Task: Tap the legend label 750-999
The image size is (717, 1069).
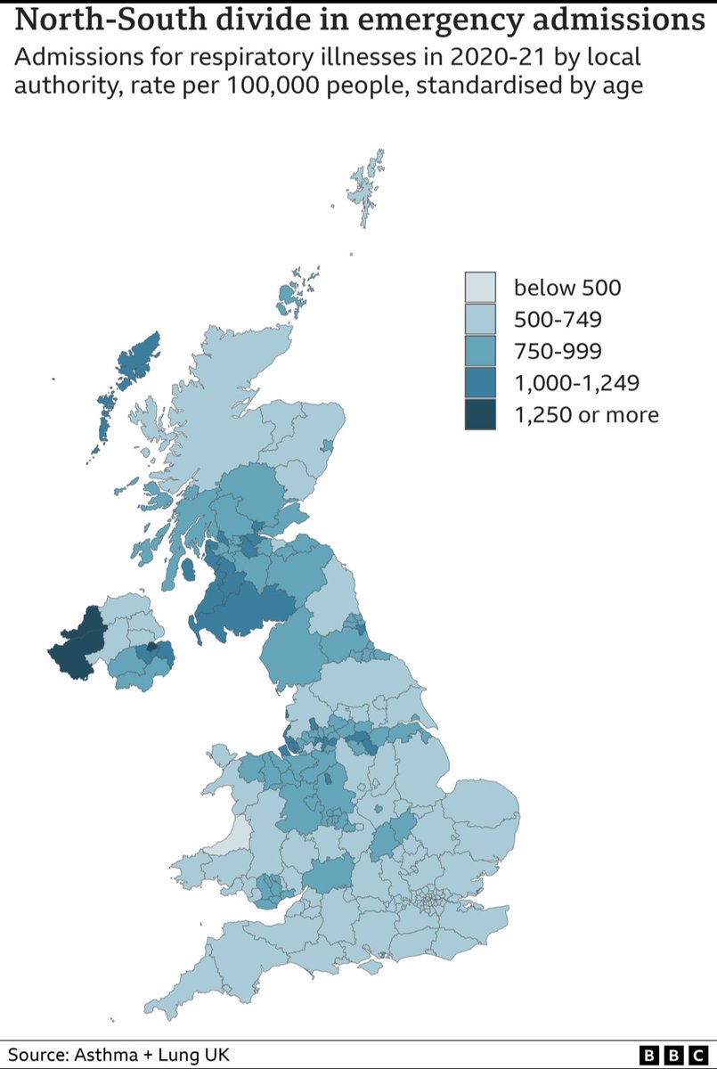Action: (557, 350)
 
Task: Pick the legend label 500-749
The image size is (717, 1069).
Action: (557, 319)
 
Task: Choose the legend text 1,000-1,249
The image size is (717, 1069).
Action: (574, 382)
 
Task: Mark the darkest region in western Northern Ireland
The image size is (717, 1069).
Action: (76, 646)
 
